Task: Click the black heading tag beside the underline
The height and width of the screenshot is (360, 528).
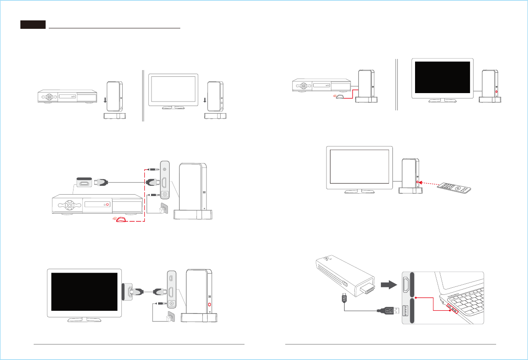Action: pos(33,25)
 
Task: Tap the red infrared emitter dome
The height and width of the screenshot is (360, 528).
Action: pos(120,219)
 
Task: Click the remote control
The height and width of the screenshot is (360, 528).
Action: pos(458,190)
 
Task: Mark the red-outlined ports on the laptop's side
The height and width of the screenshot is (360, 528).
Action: pos(452,307)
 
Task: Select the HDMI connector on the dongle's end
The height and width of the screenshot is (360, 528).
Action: pos(365,291)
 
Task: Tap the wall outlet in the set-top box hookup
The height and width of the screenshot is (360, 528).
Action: pos(164,208)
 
